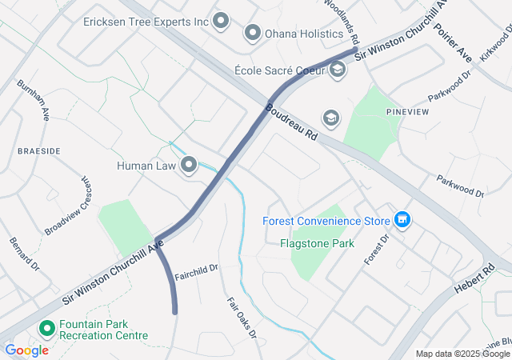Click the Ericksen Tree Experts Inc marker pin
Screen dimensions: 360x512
[x=221, y=21]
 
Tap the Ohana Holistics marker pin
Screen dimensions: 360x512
[x=253, y=33]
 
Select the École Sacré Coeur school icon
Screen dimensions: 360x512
[x=338, y=70]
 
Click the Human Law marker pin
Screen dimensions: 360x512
[x=190, y=166]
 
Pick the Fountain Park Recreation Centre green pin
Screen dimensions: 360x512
[x=46, y=328]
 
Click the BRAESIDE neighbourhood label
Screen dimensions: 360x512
[x=39, y=150]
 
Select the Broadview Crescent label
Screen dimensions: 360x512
[x=68, y=206]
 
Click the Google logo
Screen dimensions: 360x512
[x=26, y=350]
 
